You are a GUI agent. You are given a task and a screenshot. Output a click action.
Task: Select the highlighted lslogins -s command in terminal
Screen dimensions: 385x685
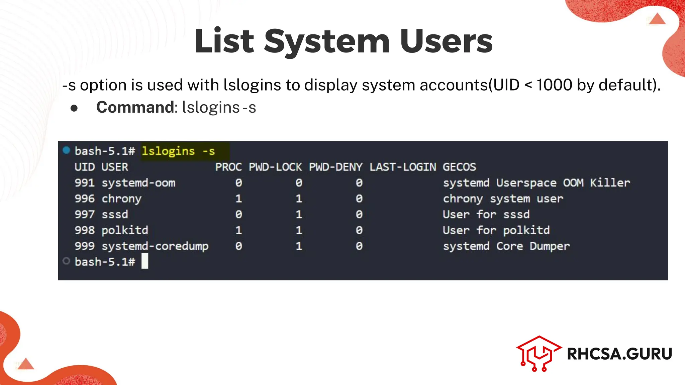178,151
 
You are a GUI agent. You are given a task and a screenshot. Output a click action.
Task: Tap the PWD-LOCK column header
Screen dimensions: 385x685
275,167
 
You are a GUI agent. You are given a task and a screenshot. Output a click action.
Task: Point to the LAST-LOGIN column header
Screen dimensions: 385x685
403,167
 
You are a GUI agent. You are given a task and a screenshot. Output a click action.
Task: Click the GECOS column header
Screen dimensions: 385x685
459,167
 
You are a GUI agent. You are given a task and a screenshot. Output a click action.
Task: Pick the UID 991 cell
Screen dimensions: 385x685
85,183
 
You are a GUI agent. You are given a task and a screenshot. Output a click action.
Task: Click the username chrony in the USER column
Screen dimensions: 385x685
121,199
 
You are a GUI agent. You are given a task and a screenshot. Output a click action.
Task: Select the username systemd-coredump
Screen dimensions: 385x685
155,246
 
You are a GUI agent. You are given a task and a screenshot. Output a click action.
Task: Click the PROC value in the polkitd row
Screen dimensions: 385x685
238,230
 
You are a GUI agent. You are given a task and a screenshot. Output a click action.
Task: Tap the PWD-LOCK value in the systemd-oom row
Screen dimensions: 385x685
299,183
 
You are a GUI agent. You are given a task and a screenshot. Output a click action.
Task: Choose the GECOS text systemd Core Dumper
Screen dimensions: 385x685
506,246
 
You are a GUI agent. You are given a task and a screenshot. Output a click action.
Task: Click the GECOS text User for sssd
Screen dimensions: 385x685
486,215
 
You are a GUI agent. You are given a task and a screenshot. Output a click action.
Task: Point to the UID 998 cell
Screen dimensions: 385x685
85,230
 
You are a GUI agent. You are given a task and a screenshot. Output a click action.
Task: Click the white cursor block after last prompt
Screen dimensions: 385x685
145,261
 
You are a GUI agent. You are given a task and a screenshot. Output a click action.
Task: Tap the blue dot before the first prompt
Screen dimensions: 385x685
66,150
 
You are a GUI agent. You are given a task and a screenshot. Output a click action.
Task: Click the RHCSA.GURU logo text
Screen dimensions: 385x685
619,354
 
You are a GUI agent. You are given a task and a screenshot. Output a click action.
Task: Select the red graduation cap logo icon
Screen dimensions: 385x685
539,353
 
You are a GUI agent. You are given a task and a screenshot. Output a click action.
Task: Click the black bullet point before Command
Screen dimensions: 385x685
74,108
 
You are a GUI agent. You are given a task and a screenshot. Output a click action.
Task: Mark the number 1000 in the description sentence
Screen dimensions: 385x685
554,85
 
